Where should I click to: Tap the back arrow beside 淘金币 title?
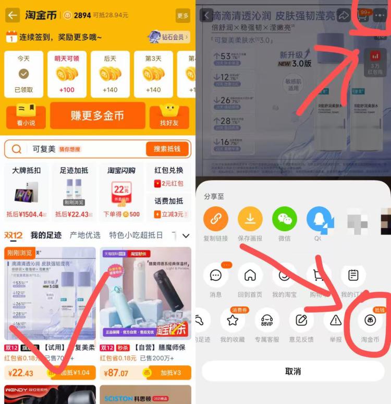pyautogui.click(x=13, y=15)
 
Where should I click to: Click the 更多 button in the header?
pyautogui.click(x=182, y=16)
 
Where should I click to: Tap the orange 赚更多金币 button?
pyautogui.click(x=97, y=115)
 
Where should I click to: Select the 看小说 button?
pyautogui.click(x=26, y=116)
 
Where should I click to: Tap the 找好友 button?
pyautogui.click(x=169, y=116)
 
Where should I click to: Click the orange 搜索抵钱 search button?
pyautogui.click(x=167, y=149)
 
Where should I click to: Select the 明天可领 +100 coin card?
pyautogui.click(x=67, y=74)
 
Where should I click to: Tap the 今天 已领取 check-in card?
pyautogui.click(x=23, y=74)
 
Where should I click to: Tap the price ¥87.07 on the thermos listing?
pyautogui.click(x=117, y=373)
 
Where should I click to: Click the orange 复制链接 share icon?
pyautogui.click(x=216, y=220)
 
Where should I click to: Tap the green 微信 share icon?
pyautogui.click(x=285, y=220)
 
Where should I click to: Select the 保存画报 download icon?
pyautogui.click(x=250, y=220)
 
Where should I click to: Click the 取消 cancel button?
pyautogui.click(x=293, y=371)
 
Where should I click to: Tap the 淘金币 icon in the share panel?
pyautogui.click(x=370, y=320)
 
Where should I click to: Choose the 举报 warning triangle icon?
pyautogui.click(x=336, y=320)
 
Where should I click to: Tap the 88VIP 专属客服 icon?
pyautogui.click(x=267, y=320)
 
